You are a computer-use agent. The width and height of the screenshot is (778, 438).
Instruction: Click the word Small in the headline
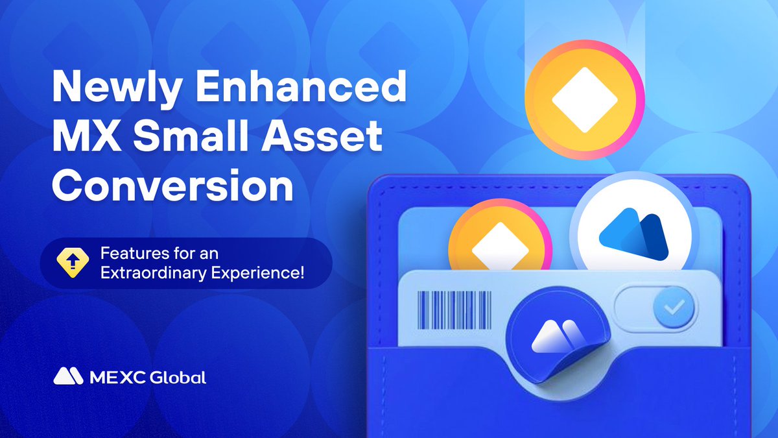click(192, 136)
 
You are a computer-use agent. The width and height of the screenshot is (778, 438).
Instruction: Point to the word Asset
click(322, 136)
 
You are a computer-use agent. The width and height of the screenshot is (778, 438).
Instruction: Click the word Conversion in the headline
click(173, 186)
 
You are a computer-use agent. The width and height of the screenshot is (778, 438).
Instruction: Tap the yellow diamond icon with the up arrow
click(73, 263)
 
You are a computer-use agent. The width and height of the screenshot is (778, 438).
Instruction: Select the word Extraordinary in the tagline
click(154, 273)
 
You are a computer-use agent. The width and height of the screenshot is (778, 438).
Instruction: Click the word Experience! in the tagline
click(258, 274)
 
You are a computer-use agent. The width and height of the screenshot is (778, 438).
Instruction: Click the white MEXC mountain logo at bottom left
click(68, 376)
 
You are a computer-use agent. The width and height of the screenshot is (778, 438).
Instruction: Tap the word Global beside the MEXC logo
click(178, 378)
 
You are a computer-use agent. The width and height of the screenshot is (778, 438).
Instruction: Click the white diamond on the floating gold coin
click(585, 100)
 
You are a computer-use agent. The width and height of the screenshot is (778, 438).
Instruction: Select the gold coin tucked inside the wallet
click(500, 236)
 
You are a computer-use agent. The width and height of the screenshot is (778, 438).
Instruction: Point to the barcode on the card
click(454, 310)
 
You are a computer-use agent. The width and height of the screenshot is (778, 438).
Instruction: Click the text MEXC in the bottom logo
click(117, 378)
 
